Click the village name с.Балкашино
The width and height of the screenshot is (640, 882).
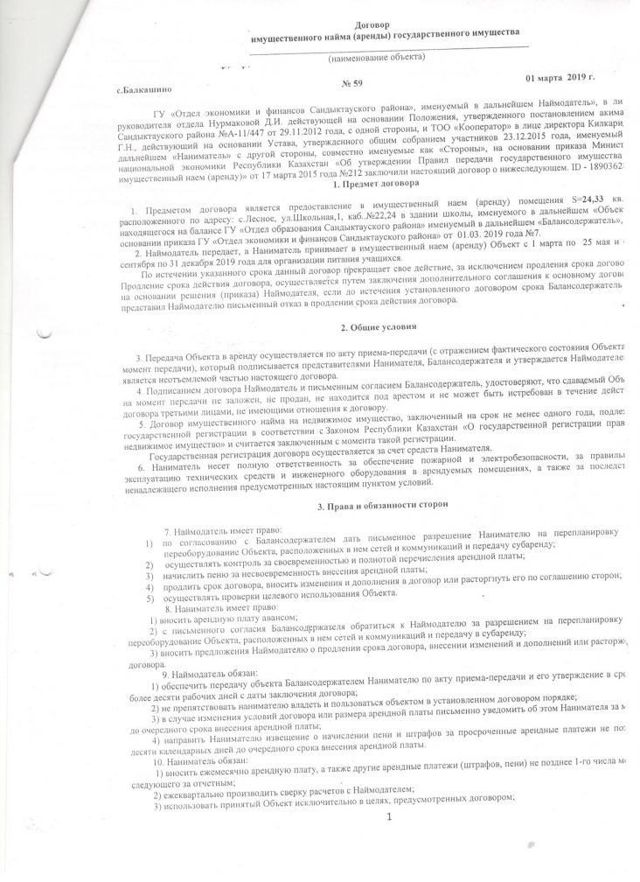click(147, 90)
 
